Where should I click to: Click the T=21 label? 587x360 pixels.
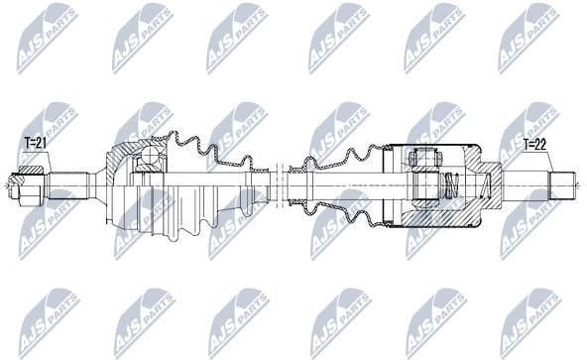coord(36,143)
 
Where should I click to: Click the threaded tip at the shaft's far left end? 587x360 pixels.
coord(14,183)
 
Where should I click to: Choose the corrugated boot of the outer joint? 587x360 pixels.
coord(203,183)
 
